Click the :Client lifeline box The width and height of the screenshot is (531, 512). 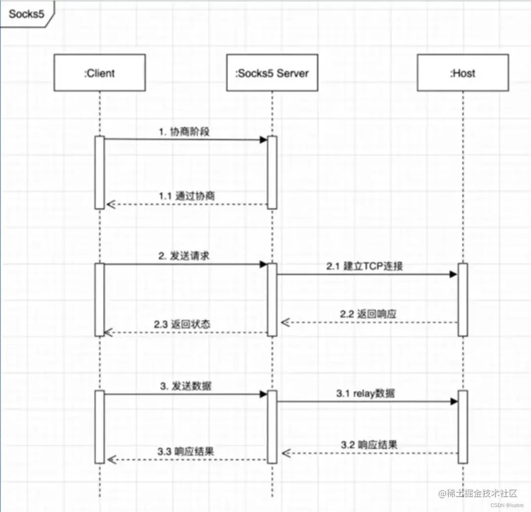tap(99, 73)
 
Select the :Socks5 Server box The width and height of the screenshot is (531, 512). tap(272, 73)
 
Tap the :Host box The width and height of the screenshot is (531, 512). tap(462, 73)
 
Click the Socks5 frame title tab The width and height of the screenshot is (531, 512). tap(27, 13)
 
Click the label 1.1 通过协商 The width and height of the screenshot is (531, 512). tap(187, 196)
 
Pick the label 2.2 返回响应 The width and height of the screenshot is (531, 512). tap(368, 314)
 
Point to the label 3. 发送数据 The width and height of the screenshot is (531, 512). tap(186, 386)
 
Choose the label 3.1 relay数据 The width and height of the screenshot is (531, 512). tap(366, 394)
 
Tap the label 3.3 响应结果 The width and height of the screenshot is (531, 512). tap(186, 451)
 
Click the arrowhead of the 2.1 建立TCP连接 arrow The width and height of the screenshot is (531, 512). tap(454, 274)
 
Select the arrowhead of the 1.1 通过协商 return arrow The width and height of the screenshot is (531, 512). tap(110, 204)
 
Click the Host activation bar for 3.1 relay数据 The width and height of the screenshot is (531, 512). tap(462, 427)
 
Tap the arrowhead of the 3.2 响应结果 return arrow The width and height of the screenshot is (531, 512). tap(285, 452)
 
